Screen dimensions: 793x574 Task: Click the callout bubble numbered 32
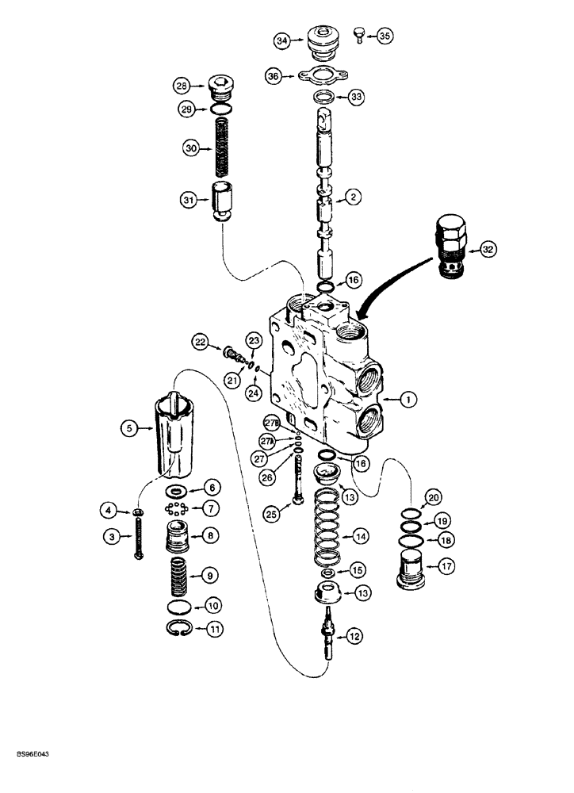pos(488,249)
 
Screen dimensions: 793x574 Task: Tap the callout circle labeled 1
pos(406,402)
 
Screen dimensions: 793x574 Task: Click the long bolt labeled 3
pos(140,537)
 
